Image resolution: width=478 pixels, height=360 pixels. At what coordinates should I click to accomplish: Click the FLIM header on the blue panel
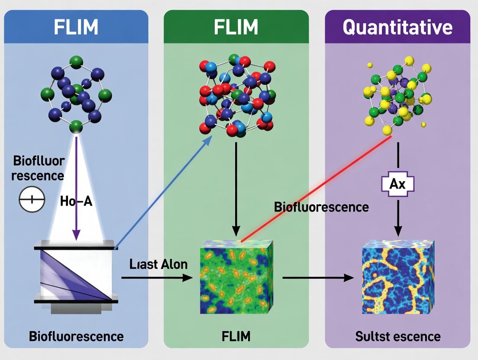coord(76,27)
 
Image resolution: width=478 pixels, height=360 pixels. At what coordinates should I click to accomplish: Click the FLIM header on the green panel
coord(236,27)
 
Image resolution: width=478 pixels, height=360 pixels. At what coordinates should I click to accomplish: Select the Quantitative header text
coord(397,27)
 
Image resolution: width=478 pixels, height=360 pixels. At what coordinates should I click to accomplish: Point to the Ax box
coord(397,184)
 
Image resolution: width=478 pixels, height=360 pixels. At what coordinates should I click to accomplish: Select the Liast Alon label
coord(158,264)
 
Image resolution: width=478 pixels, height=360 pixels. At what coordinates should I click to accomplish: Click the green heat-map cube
coord(236,277)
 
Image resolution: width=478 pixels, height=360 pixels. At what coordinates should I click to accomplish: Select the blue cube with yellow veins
coord(397,277)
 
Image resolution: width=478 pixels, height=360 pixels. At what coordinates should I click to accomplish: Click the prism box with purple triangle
coord(76,275)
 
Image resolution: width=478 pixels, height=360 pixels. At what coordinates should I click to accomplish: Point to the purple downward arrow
coord(77,186)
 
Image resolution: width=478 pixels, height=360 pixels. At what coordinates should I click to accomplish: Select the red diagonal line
coord(316,188)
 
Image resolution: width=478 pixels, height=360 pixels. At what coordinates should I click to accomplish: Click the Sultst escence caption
coord(397,336)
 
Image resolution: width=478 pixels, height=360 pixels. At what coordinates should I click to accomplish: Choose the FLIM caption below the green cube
coord(236,336)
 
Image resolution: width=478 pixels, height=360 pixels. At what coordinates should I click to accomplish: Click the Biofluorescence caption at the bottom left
coord(76,336)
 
